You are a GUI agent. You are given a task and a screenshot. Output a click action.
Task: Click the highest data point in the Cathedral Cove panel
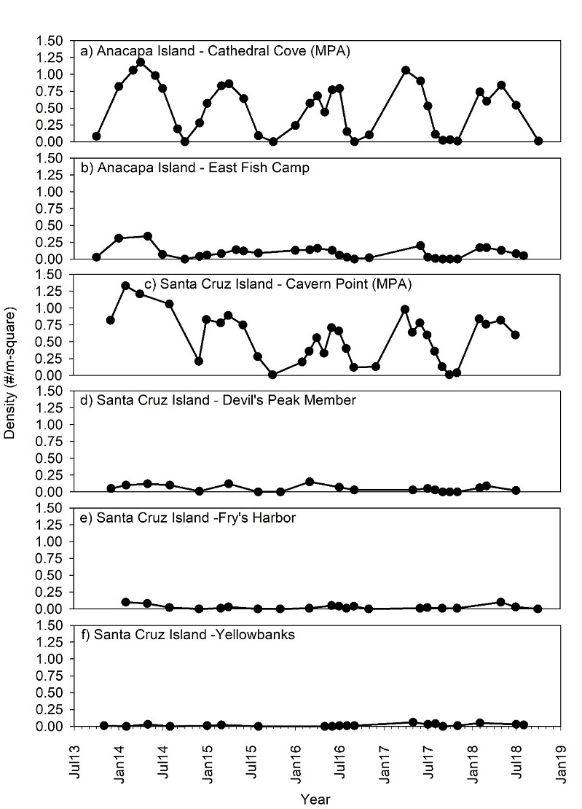click(141, 62)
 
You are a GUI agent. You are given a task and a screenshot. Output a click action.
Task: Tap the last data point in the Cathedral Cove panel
click(538, 141)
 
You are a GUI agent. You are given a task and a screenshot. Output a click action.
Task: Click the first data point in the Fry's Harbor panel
click(125, 602)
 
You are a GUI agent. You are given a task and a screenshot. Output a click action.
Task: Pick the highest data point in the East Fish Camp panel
click(148, 236)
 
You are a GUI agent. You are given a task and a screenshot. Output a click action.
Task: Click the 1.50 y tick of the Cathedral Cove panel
click(55, 41)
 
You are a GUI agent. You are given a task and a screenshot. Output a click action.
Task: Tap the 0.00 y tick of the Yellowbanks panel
click(55, 727)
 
